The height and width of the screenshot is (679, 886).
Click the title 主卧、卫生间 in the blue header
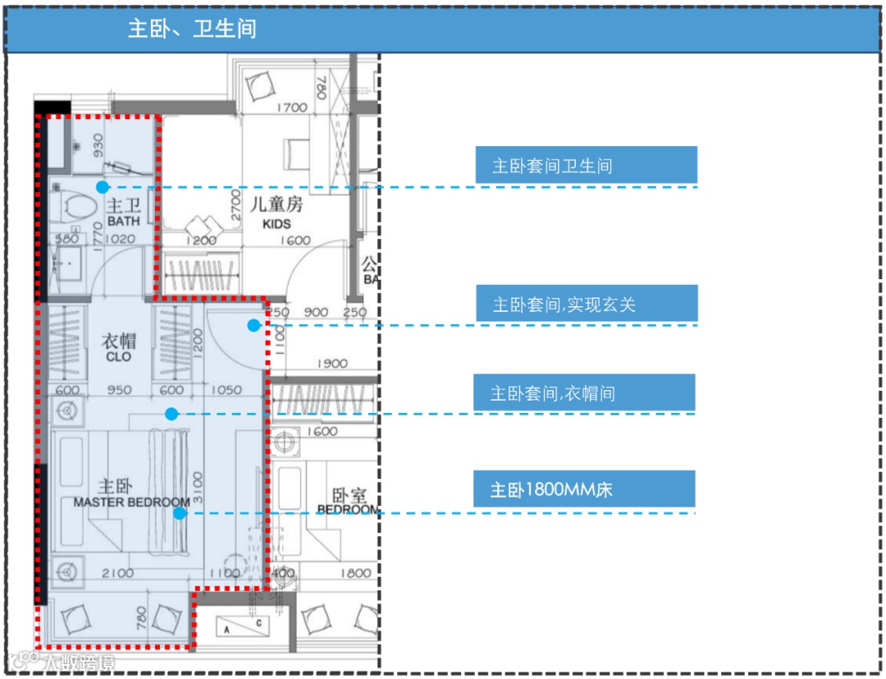point(192,30)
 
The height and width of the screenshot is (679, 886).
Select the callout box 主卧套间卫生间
point(586,165)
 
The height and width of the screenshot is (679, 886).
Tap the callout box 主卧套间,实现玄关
point(586,304)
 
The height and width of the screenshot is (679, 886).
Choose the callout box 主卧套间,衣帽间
point(583,393)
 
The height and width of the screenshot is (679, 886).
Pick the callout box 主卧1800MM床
point(583,489)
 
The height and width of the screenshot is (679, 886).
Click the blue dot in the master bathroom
point(102,187)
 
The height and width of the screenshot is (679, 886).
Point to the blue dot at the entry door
point(254,325)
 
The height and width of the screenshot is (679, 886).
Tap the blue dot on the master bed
point(179,513)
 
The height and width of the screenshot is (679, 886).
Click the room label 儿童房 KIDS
point(276,209)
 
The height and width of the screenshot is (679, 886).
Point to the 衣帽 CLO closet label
point(118,347)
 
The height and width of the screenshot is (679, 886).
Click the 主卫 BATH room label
point(123,212)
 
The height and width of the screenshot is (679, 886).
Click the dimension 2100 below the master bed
point(118,573)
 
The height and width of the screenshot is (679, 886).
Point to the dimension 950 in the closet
point(119,390)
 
